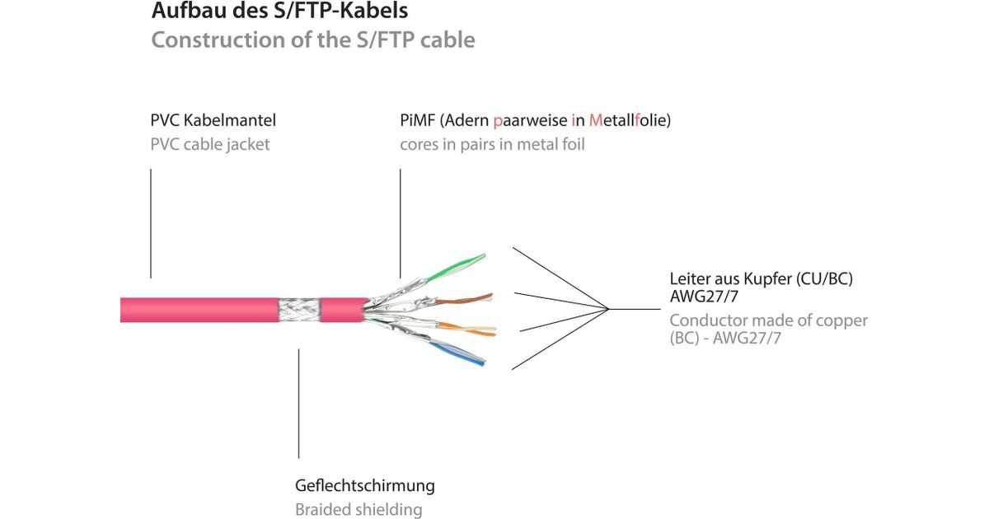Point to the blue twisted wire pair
462,355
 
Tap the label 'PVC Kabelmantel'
213,120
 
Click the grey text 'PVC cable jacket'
209,145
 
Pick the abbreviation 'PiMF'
417,120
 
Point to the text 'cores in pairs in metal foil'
492,145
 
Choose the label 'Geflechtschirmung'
364,485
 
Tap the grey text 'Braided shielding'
358,510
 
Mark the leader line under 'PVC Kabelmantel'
151,222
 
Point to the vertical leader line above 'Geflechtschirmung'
298,404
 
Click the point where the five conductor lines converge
608,309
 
